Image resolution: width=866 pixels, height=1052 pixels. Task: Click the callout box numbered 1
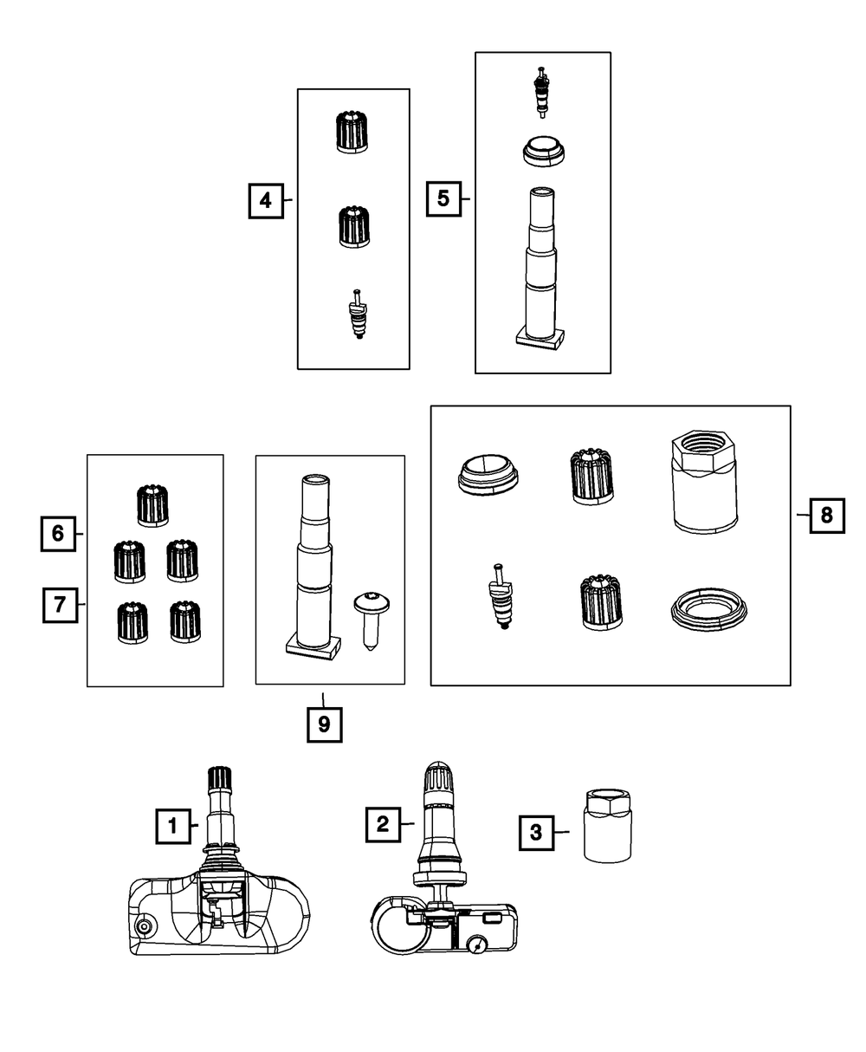pyautogui.click(x=172, y=826)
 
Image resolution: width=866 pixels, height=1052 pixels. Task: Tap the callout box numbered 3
pyautogui.click(x=536, y=833)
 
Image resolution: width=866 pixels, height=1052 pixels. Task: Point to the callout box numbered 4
pyautogui.click(x=266, y=200)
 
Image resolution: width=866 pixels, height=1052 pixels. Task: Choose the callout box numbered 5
pyautogui.click(x=443, y=199)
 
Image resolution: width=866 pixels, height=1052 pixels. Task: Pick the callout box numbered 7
pyautogui.click(x=60, y=604)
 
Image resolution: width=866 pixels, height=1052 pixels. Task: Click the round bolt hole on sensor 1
pyautogui.click(x=144, y=927)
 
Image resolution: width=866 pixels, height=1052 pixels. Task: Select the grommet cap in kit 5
pyautogui.click(x=544, y=151)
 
